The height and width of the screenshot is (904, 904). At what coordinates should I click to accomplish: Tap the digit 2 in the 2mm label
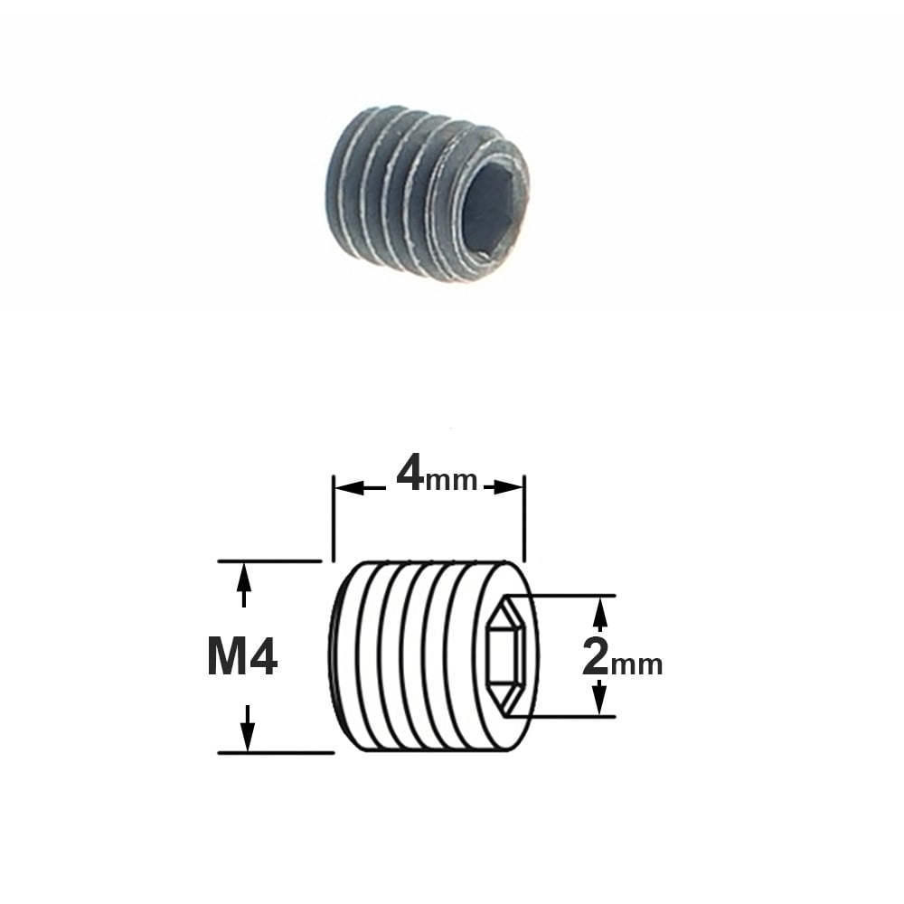pyautogui.click(x=595, y=657)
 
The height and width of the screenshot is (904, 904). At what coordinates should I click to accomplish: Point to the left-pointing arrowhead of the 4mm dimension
pyautogui.click(x=349, y=488)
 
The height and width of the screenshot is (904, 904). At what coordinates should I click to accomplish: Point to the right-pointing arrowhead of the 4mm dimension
pyautogui.click(x=508, y=488)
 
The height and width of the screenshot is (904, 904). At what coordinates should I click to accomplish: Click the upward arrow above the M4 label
pyautogui.click(x=244, y=585)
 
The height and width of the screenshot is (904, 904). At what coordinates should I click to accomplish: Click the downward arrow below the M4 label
pyautogui.click(x=248, y=728)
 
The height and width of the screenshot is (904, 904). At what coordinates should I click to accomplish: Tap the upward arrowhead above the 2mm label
pyautogui.click(x=601, y=613)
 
